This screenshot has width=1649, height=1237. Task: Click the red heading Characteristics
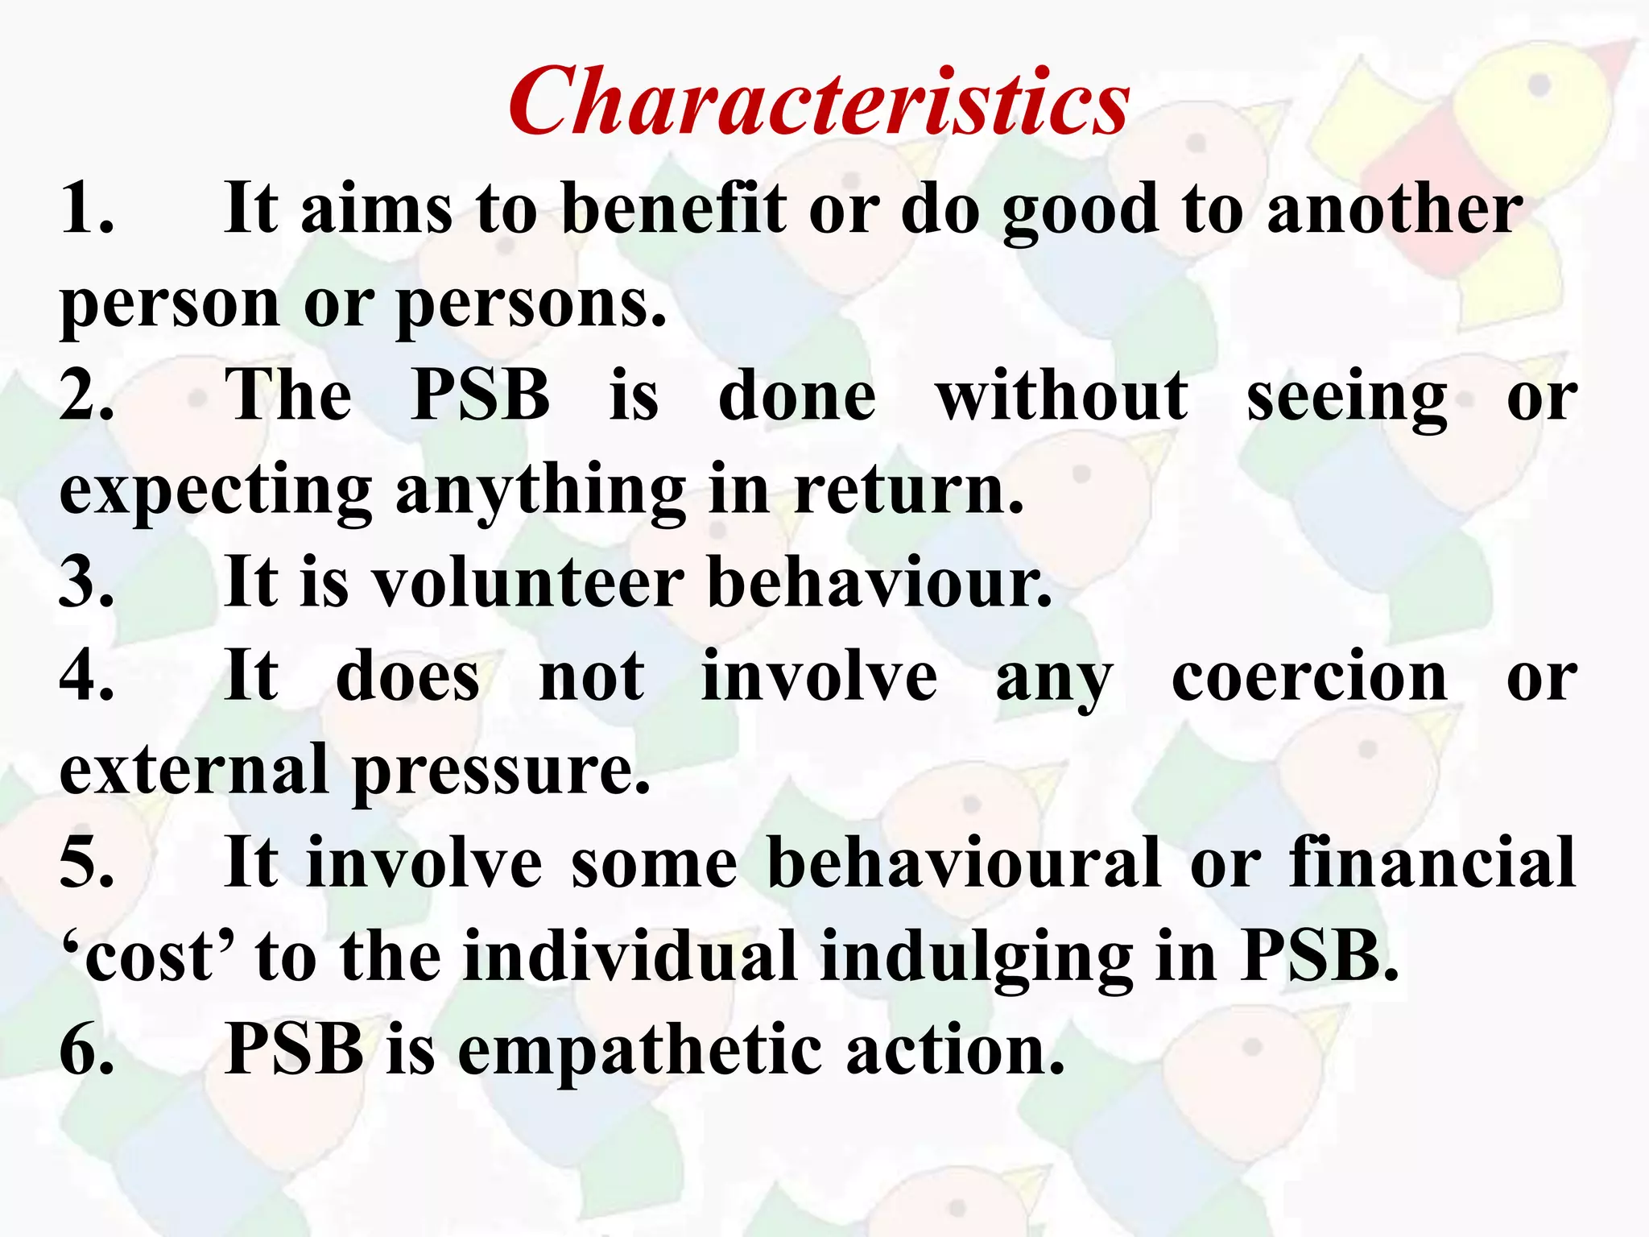(819, 103)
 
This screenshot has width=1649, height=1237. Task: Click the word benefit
(673, 208)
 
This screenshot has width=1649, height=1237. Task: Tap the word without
(1061, 395)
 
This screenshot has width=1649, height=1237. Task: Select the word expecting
(215, 492)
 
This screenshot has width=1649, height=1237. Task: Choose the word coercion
(1309, 676)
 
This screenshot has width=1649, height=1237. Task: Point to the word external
(193, 769)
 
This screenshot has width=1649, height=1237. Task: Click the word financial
(1432, 863)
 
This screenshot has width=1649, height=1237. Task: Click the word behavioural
(963, 863)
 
